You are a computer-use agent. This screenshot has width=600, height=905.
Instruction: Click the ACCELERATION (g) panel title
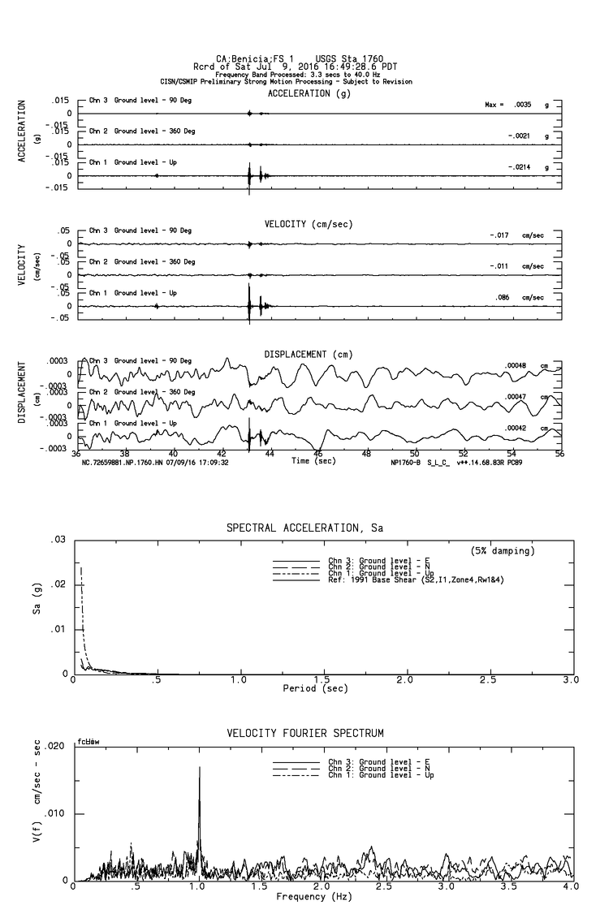310,93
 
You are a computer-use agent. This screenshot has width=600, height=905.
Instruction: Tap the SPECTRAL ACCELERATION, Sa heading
304,528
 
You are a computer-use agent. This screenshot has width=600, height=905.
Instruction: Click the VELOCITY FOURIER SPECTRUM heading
304,734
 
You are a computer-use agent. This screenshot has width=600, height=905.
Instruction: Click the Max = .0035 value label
508,105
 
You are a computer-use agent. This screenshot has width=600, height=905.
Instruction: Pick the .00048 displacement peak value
515,366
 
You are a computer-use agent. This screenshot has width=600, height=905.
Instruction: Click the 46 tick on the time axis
318,454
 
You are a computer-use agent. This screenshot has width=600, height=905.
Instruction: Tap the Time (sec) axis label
314,461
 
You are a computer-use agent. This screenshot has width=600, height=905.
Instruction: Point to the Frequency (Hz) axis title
313,896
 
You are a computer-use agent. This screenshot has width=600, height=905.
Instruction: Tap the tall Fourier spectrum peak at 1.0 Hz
199,768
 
